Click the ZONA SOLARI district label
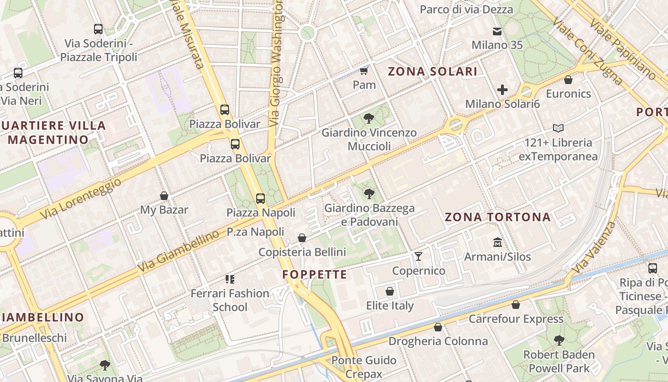pos(432,72)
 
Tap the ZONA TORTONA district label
pos(498,217)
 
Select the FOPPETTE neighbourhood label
pos(314,275)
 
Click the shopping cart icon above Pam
pos(364,71)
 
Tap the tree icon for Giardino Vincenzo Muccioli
pos(368,118)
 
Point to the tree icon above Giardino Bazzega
pos(369,194)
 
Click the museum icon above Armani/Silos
pos(498,243)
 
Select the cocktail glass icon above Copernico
pos(418,256)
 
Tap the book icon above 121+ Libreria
pos(558,128)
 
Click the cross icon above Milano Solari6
pos(502,89)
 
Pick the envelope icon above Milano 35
pos(497,32)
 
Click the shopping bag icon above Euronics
pos(568,79)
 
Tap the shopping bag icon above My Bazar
pos(164,196)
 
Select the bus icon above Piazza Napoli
pos(261,199)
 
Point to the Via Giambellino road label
pos(179,251)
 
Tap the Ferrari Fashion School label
pos(230,300)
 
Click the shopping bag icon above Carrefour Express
pos(516,305)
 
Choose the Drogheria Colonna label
pos(438,341)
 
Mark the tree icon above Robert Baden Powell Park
pos(559,341)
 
